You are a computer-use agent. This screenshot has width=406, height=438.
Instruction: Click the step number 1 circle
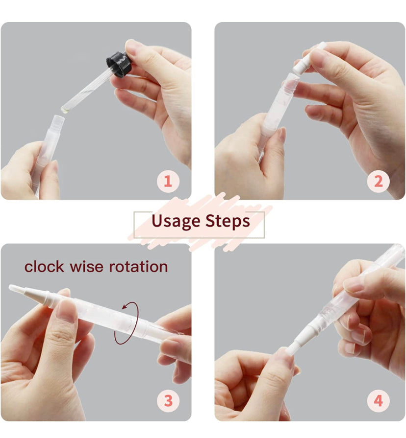[x=168, y=182]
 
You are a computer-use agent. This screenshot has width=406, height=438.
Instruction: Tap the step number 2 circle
[x=378, y=182]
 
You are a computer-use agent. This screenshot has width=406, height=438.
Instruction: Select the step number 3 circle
[x=168, y=401]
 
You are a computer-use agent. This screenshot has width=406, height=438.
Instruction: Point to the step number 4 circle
[x=378, y=401]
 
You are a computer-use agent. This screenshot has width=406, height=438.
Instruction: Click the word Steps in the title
[x=228, y=222]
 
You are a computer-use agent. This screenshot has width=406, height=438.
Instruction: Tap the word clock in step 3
[x=44, y=267]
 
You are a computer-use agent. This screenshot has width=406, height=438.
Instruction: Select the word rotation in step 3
[x=138, y=267]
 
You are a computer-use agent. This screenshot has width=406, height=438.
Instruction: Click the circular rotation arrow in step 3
[x=127, y=323]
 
